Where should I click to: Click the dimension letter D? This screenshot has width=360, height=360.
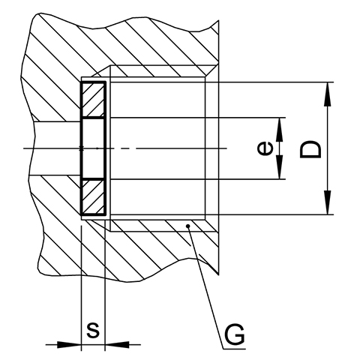[x=310, y=149]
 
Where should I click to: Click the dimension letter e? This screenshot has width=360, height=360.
[x=265, y=148]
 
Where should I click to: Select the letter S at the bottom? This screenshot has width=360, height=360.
[x=93, y=330]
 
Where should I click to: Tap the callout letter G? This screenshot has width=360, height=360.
[x=234, y=334]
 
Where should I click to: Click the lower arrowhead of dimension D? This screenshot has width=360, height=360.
[x=327, y=202]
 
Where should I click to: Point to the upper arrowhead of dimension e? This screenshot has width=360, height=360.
[x=280, y=130]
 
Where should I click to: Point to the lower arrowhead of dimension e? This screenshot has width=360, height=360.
[x=280, y=167]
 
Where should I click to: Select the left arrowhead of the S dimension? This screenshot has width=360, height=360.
[x=69, y=344]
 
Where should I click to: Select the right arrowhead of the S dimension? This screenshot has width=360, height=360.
[x=117, y=344]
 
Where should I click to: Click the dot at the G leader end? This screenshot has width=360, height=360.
[x=188, y=226]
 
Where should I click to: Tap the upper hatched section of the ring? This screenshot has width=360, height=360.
[x=93, y=100]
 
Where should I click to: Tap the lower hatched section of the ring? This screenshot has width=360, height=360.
[x=93, y=197]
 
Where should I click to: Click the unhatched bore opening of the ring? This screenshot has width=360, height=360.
[x=93, y=148]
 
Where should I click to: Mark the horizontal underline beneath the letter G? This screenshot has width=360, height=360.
[x=234, y=349]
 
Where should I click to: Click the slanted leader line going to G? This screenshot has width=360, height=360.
[x=205, y=287]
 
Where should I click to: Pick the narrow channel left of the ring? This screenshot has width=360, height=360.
[x=57, y=148]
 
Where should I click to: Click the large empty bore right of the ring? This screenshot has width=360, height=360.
[x=157, y=148]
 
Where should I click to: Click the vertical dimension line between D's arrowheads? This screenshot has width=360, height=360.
[x=327, y=148]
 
